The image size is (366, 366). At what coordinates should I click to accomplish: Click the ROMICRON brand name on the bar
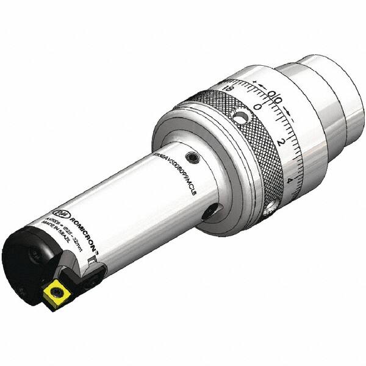(x=71, y=214)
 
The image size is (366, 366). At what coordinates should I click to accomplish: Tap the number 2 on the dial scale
(x=280, y=142)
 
